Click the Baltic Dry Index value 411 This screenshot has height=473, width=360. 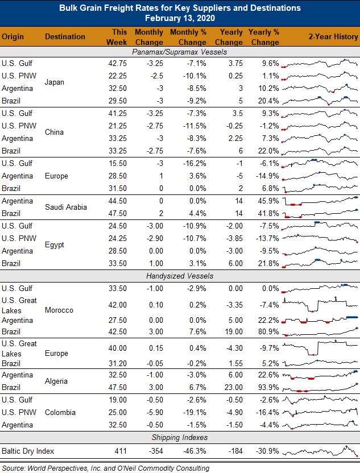[x=121, y=451]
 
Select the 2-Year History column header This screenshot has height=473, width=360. [x=333, y=36]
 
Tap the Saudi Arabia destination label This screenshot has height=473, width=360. [x=66, y=207]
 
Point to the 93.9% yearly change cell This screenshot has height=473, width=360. [x=268, y=387]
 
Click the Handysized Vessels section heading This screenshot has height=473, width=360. [x=180, y=276]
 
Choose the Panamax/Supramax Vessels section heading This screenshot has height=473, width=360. [x=180, y=52]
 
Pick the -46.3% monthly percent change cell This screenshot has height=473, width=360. [x=195, y=451]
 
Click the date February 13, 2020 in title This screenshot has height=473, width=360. [x=180, y=18]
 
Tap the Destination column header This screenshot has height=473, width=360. [x=65, y=36]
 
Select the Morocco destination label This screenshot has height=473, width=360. [x=59, y=310]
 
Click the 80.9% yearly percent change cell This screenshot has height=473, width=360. [x=268, y=331]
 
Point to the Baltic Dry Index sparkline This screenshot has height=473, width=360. [x=320, y=451]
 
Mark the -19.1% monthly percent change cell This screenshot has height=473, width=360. [x=195, y=412]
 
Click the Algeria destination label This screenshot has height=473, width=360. [x=56, y=381]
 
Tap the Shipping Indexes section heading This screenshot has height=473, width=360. [x=180, y=437]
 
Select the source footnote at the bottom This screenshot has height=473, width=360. [x=106, y=468]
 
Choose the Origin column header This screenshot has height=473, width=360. [x=13, y=37]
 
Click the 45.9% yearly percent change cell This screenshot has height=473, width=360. [x=268, y=201]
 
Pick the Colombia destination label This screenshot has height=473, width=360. [x=60, y=412]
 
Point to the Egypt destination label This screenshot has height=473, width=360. [x=55, y=244]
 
